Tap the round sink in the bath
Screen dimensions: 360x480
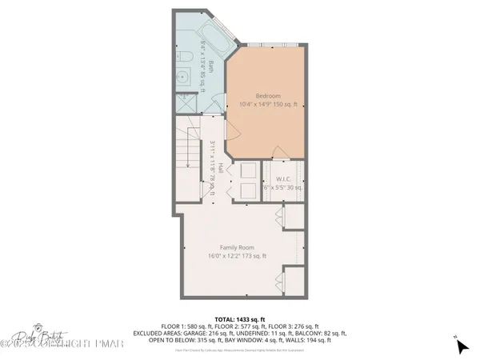click(181, 78)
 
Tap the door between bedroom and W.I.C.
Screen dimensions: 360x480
click(281, 154)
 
